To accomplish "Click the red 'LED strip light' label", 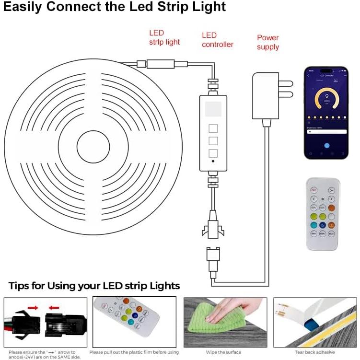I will pyautogui.click(x=164, y=37).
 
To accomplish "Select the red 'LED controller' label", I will pyautogui.click(x=217, y=40).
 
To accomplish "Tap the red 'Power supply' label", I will pyautogui.click(x=268, y=42).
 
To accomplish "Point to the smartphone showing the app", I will pyautogui.click(x=326, y=113).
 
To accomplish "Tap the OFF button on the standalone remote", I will pyautogui.click(x=314, y=189).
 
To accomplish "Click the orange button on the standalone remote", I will pyautogui.click(x=331, y=208).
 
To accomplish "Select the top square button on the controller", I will pyautogui.click(x=213, y=128).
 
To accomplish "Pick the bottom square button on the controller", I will pyautogui.click(x=213, y=153).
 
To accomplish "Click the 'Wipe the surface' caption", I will pyautogui.click(x=223, y=352).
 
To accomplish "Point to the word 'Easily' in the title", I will pyautogui.click(x=28, y=8).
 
